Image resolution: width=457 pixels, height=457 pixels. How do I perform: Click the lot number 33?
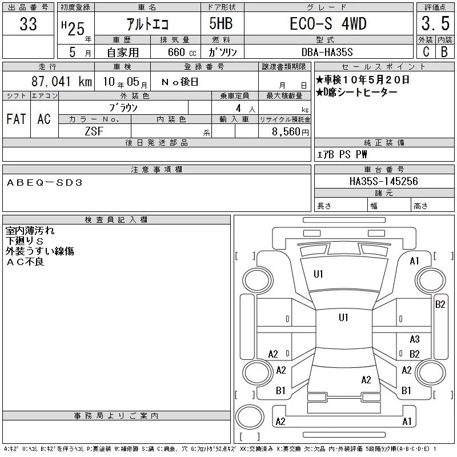(28, 23)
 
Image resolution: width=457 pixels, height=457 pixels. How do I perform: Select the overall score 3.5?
(435, 23)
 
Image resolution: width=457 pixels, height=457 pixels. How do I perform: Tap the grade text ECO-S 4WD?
(328, 23)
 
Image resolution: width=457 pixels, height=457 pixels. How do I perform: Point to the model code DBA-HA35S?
(327, 52)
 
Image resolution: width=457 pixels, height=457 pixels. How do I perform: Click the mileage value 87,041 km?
(62, 81)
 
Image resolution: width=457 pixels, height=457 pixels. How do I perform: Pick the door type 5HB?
(221, 23)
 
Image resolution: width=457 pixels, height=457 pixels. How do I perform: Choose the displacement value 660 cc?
(182, 52)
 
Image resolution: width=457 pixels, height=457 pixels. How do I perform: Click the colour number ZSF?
(94, 131)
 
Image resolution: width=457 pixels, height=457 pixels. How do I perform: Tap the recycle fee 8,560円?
(290, 132)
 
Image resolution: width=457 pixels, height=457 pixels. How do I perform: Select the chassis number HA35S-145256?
(383, 181)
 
